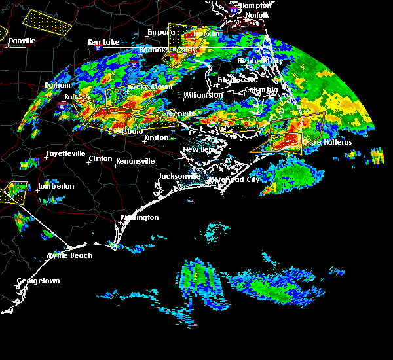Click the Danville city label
[x=22, y=41]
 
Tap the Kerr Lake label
[x=103, y=42]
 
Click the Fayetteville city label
[x=65, y=154]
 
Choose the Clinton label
[x=100, y=158]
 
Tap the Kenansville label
[x=135, y=160]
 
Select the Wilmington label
[x=139, y=217]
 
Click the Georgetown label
[x=38, y=281]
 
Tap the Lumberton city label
[x=56, y=186]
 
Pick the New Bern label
[x=200, y=150]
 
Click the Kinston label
[x=156, y=137]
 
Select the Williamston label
[x=203, y=95]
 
